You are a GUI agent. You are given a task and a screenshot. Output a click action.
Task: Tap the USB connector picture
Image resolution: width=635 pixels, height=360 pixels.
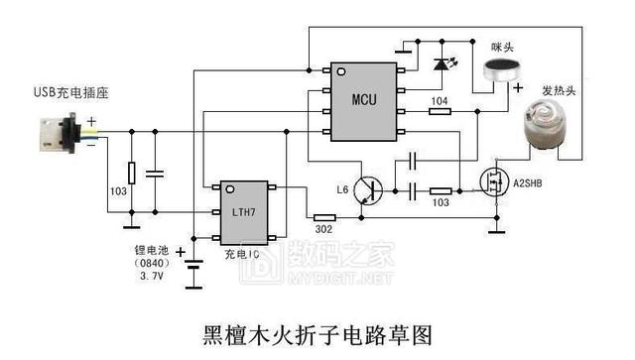58,135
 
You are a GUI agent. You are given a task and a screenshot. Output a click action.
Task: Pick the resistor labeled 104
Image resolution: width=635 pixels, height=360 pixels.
438,111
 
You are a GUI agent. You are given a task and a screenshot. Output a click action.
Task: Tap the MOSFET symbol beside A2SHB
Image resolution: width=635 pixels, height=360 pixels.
492,182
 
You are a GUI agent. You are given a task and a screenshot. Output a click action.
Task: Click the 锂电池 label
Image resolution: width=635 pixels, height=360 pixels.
152,251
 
